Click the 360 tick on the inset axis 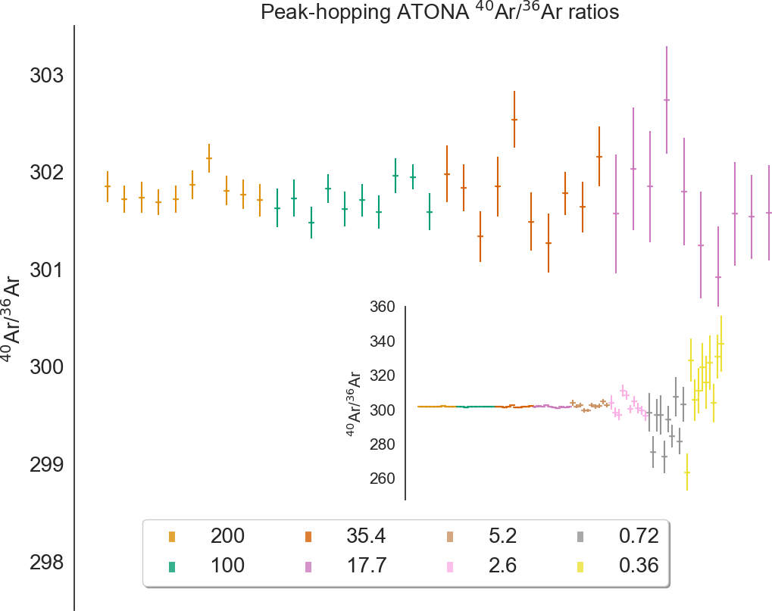383,307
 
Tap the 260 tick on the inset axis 383,479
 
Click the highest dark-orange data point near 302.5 514,120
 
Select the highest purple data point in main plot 667,100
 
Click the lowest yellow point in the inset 687,472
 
